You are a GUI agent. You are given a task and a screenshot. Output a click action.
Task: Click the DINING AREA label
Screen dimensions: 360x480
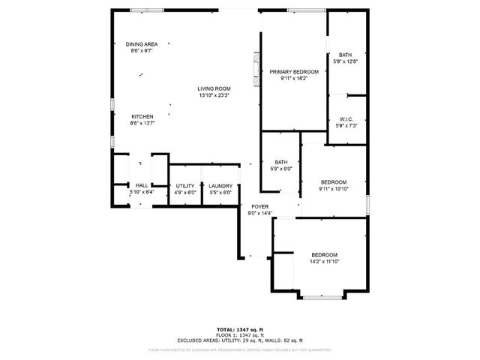[142, 44]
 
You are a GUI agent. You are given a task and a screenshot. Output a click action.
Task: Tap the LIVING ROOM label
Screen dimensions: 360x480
[214, 88]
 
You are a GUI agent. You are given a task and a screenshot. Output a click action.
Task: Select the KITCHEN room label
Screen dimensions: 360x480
[142, 116]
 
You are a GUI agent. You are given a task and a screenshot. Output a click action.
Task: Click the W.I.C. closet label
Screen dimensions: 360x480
[346, 118]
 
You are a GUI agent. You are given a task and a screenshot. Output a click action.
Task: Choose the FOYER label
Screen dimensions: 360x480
[259, 206]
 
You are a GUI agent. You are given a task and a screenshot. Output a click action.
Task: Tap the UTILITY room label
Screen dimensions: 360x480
[184, 186]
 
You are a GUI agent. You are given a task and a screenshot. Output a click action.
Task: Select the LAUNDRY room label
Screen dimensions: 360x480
[220, 186]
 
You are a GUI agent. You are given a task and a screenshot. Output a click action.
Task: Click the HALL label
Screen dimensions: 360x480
[141, 186]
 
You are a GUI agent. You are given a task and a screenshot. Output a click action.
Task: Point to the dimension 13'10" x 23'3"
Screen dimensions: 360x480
[214, 95]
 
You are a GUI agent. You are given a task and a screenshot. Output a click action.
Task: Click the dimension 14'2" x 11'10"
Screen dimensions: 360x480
[324, 262]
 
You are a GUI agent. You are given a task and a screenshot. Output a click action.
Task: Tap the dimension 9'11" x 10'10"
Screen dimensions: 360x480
[334, 189]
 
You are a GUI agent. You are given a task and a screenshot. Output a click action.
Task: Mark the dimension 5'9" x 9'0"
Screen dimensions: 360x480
[280, 169]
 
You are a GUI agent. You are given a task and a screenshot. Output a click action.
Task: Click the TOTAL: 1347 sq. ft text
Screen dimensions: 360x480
[240, 329]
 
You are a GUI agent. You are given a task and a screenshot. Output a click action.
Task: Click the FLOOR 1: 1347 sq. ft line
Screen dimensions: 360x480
[240, 334]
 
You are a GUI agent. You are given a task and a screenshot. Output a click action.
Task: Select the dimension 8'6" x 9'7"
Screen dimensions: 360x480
[142, 51]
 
